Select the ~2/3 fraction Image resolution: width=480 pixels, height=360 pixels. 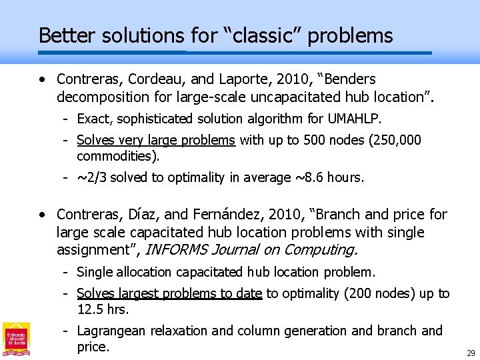(x=91, y=178)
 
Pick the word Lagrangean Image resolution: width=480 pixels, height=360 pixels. (x=111, y=331)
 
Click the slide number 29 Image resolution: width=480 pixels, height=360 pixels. (x=471, y=353)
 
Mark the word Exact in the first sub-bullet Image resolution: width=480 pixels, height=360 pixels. (x=93, y=119)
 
